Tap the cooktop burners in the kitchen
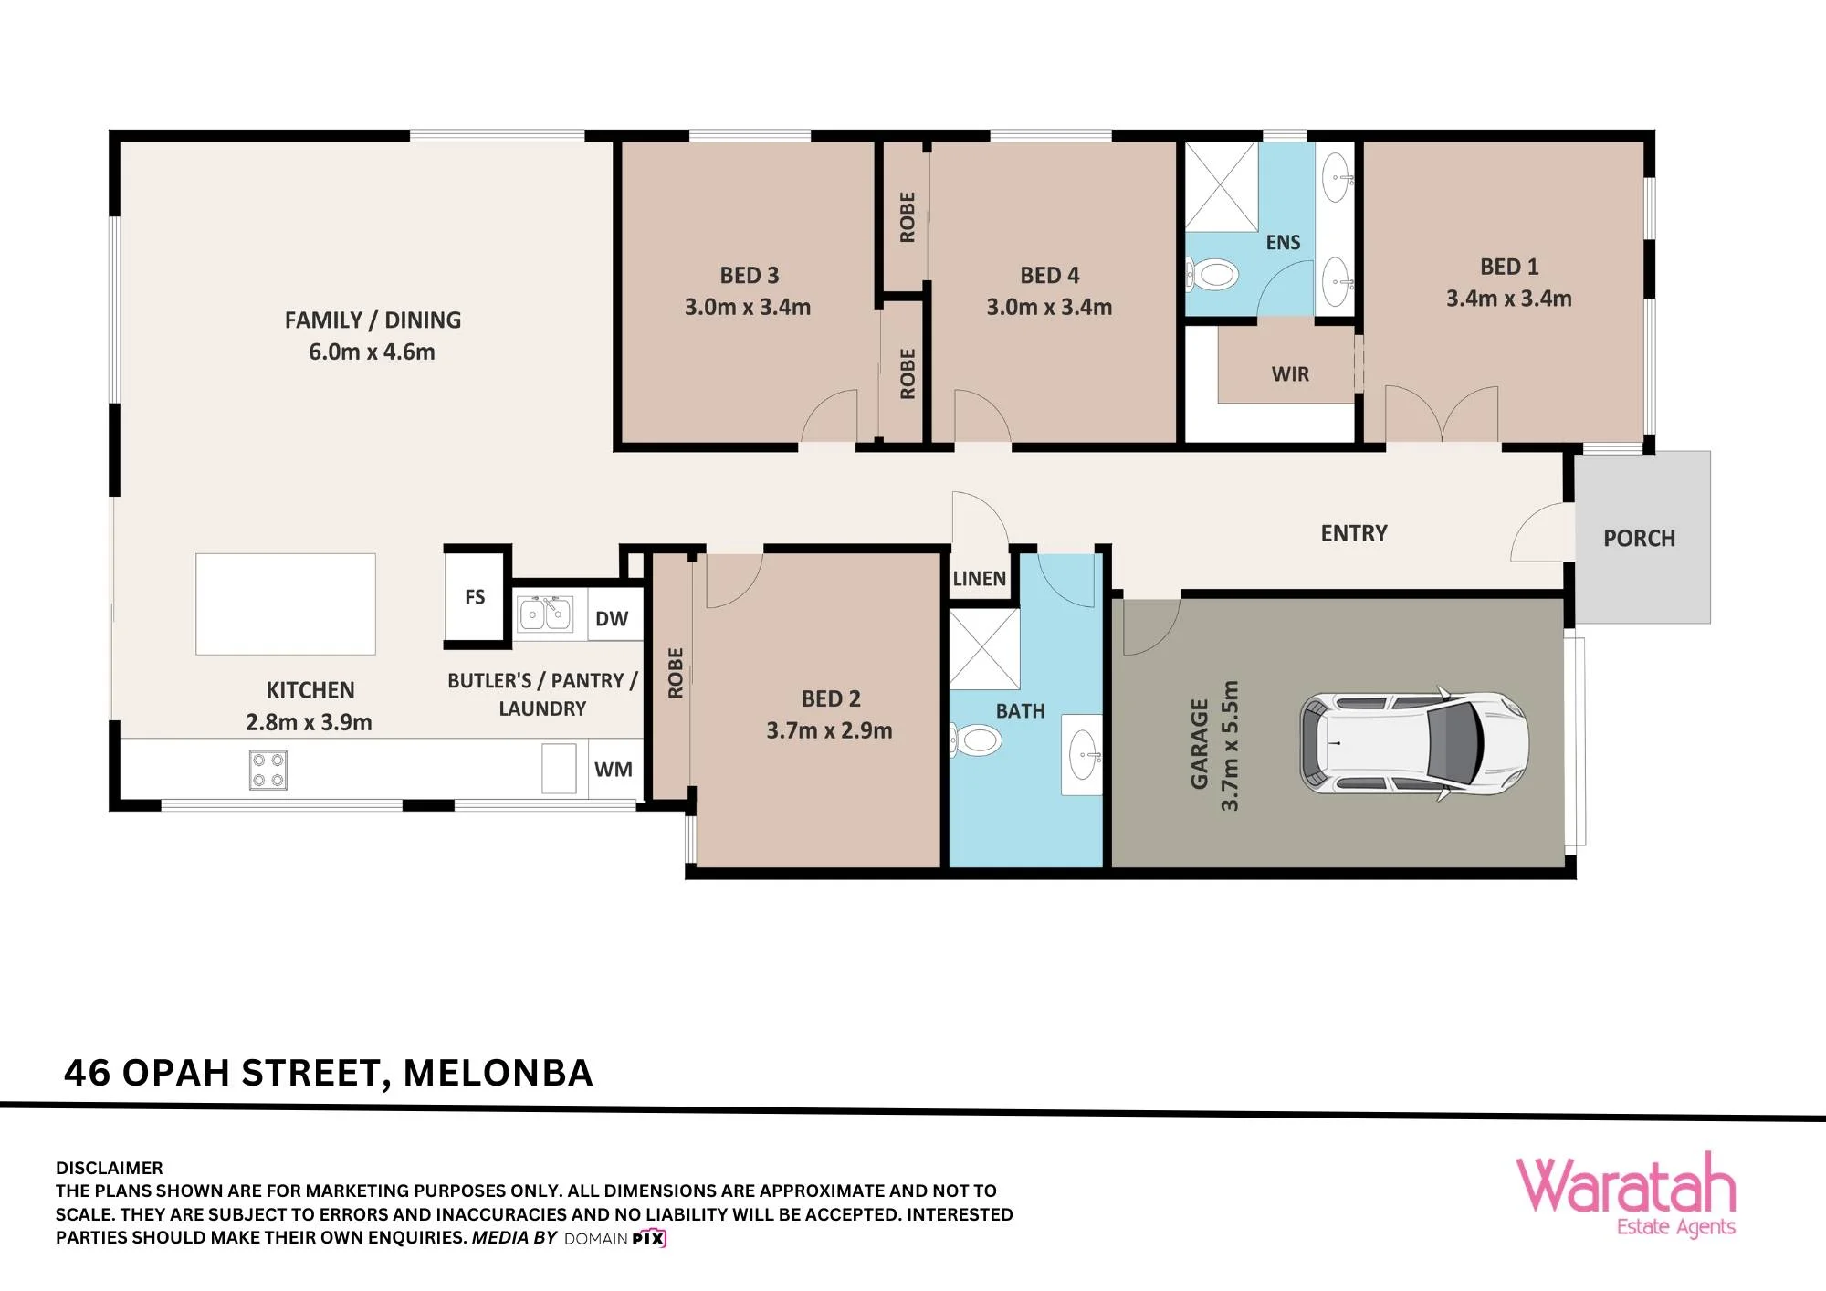click(x=268, y=770)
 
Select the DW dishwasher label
click(x=612, y=619)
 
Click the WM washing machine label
click(x=614, y=770)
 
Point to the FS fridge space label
click(x=475, y=597)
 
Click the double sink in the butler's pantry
click(x=545, y=614)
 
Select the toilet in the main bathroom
click(x=974, y=740)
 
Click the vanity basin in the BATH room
click(x=1083, y=755)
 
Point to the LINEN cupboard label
click(x=980, y=579)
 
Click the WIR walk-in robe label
click(x=1290, y=374)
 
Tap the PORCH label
click(x=1640, y=539)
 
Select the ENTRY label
click(x=1354, y=533)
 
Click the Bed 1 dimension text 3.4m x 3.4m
click(x=1509, y=299)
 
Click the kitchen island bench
click(x=286, y=604)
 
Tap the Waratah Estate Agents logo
click(x=1626, y=1194)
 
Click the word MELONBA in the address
click(x=498, y=1073)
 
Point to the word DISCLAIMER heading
click(x=110, y=1168)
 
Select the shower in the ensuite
click(x=1222, y=186)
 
